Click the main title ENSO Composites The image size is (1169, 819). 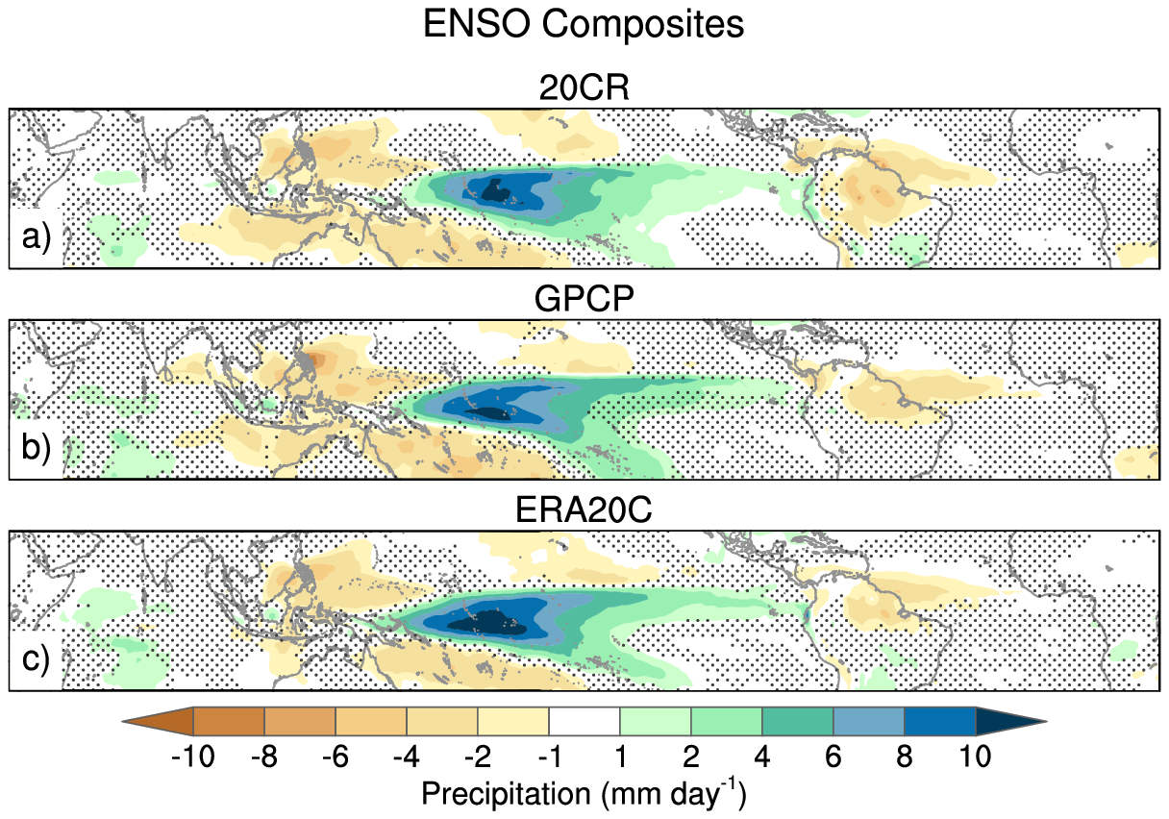coord(584,25)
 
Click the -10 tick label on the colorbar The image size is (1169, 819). coord(192,757)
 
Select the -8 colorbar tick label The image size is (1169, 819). coord(263,757)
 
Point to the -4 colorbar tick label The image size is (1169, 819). coord(406,757)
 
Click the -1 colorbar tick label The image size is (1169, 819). coord(548,757)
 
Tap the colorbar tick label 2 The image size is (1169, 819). coord(691,757)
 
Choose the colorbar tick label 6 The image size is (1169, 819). coord(833,757)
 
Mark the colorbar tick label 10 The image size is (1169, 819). coord(975,757)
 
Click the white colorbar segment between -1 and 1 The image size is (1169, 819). coord(584,720)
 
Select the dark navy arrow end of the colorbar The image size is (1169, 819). coord(1006,720)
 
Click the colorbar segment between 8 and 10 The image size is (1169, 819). coord(940,720)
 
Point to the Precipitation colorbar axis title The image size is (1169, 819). coord(584,795)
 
